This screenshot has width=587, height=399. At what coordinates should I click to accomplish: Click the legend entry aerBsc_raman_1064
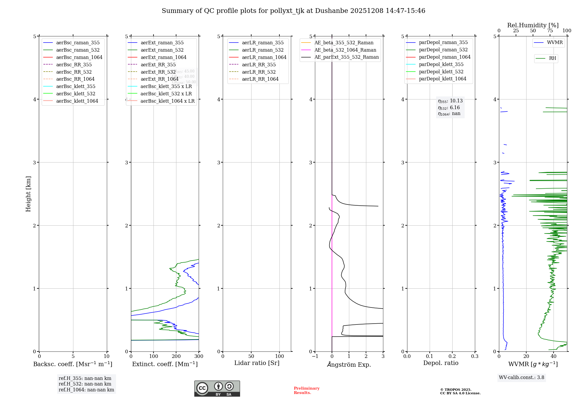click(x=79, y=57)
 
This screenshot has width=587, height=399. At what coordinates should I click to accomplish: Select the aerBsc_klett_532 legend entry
click(x=76, y=94)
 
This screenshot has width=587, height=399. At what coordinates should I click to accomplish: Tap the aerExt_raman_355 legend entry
click(x=162, y=43)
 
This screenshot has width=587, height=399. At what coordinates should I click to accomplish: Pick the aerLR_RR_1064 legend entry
click(x=260, y=79)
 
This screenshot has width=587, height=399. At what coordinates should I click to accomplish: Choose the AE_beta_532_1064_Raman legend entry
click(x=345, y=50)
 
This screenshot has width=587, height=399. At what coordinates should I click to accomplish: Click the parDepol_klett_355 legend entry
click(x=441, y=64)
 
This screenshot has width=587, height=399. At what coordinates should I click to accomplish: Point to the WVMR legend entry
click(x=555, y=43)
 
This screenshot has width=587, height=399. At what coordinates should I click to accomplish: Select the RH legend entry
click(x=552, y=58)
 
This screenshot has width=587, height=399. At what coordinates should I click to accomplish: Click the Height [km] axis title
click(x=28, y=194)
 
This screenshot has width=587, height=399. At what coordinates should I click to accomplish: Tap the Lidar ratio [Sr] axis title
click(x=257, y=363)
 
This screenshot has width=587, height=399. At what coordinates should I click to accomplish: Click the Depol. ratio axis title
click(x=441, y=363)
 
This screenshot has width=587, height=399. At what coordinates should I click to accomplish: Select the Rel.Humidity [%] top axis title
click(x=533, y=25)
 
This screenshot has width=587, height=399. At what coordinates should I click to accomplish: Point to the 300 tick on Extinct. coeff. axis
click(x=199, y=356)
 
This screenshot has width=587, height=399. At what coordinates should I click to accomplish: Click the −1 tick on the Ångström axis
click(x=315, y=356)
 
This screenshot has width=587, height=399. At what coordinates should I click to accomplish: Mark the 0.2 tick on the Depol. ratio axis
click(x=452, y=356)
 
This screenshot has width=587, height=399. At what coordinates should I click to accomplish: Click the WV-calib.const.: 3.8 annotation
click(x=522, y=378)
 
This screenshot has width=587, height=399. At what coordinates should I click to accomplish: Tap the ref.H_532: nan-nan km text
click(x=85, y=384)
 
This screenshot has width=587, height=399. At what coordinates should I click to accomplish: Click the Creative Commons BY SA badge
click(x=217, y=388)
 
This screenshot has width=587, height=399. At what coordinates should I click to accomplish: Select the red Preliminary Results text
click(x=306, y=390)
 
